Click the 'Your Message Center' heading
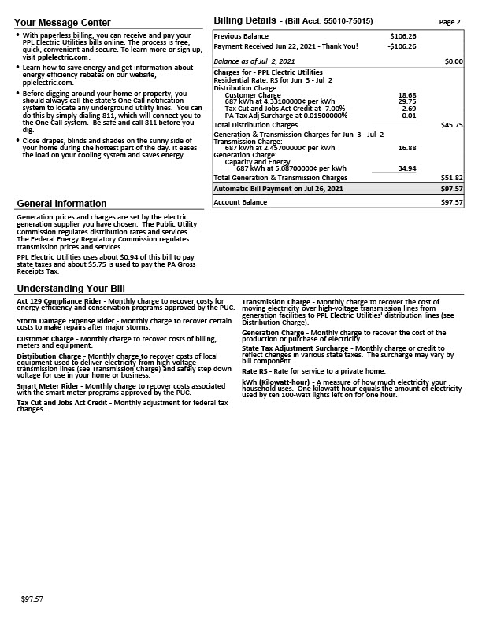coord(63,22)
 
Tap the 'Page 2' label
coord(450,22)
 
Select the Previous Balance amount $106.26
coord(403,36)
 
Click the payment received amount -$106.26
coord(402,46)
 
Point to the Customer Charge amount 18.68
coord(407,95)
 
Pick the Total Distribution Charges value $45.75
coord(452,125)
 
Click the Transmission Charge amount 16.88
coord(407,148)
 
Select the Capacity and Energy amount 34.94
coord(407,168)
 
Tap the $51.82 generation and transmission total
coord(452,178)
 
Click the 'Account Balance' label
coord(240,202)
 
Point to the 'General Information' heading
coord(62,204)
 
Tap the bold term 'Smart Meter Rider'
coord(49,386)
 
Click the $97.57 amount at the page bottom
coord(32,599)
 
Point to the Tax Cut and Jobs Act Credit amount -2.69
coord(408,109)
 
